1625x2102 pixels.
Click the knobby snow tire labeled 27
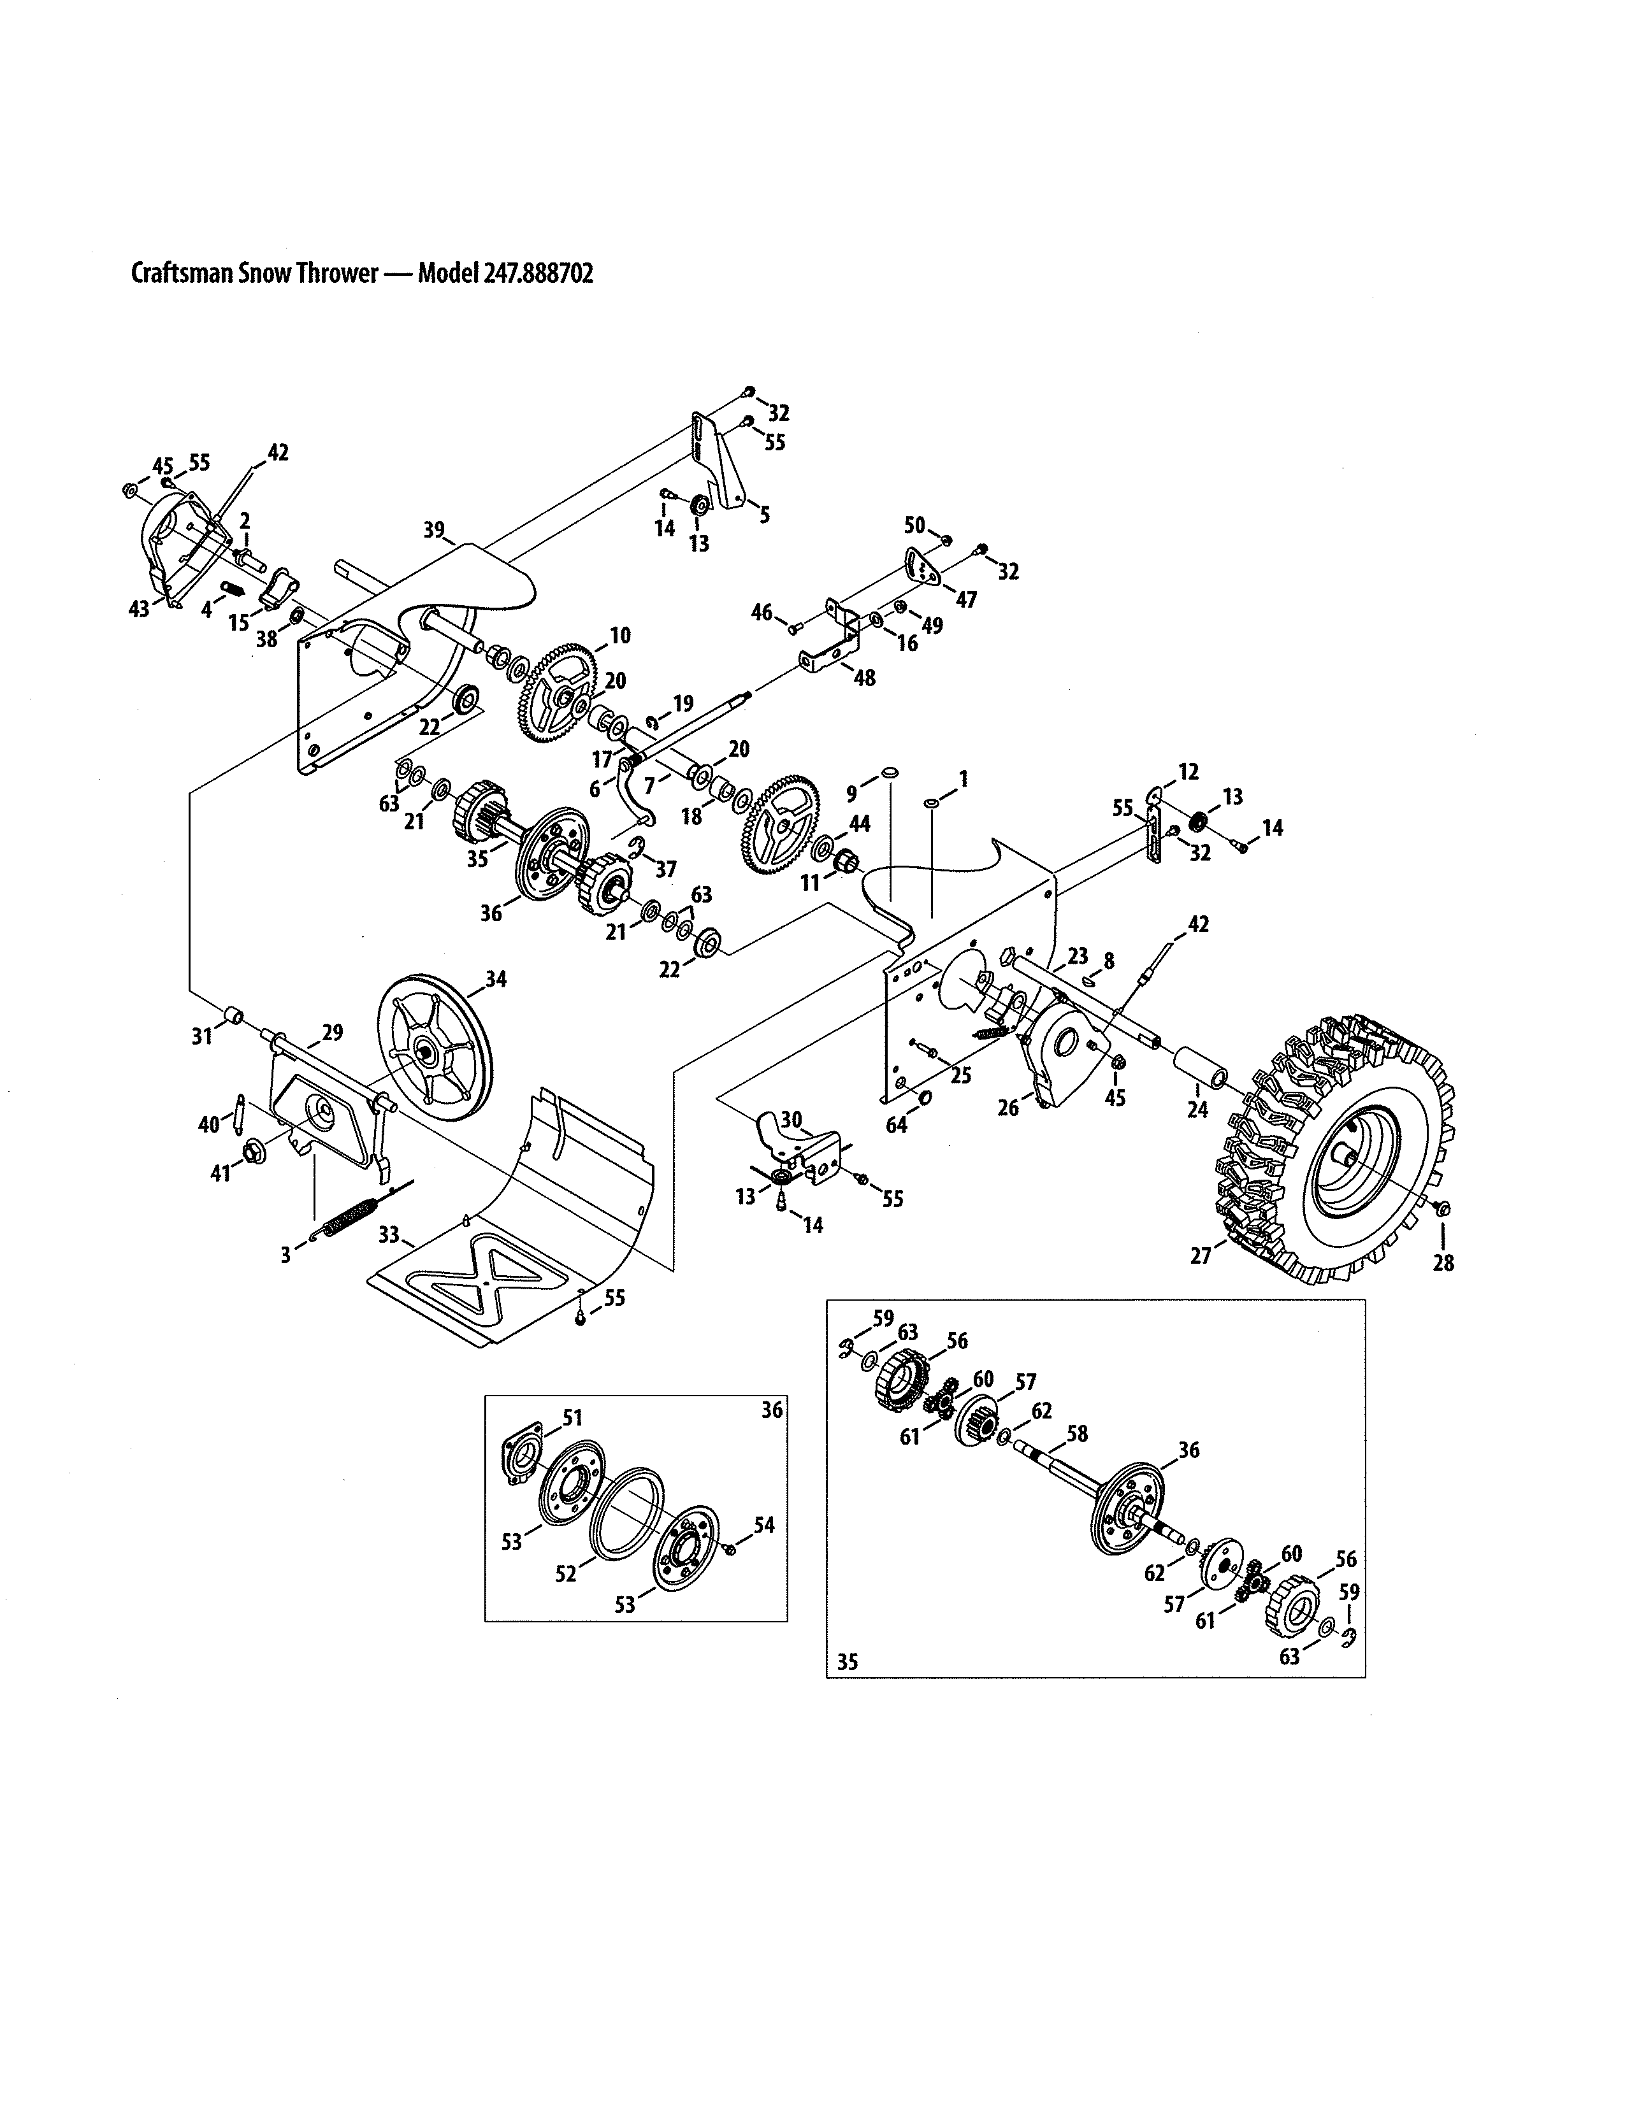(1338, 1150)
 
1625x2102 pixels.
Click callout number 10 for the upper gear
(620, 635)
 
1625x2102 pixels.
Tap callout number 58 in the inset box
(1077, 1461)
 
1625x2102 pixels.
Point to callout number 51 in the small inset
(573, 1417)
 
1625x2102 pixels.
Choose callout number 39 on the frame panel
(434, 529)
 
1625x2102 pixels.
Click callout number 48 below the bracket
(865, 678)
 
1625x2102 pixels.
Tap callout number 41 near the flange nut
(221, 1173)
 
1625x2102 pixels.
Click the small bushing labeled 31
(234, 1017)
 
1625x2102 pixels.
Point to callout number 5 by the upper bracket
(764, 515)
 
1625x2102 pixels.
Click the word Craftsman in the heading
(181, 275)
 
